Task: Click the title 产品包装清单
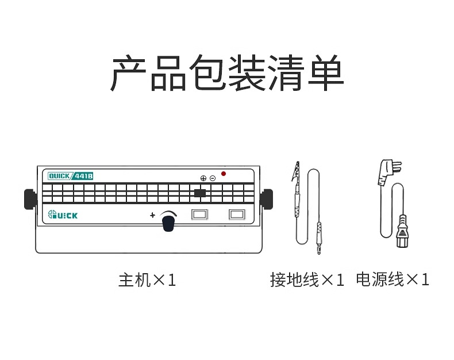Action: tap(227, 72)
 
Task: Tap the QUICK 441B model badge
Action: tap(70, 176)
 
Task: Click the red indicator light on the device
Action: tap(224, 174)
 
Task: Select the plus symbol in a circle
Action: tap(203, 178)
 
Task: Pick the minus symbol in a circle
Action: tap(213, 178)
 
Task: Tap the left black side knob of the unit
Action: tap(30, 199)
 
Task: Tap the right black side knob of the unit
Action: tap(267, 199)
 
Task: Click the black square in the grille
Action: tap(200, 193)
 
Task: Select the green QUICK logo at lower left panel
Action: tap(63, 215)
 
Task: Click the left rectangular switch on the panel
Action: tap(200, 215)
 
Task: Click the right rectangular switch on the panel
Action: tap(237, 215)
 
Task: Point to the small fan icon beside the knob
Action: tap(153, 215)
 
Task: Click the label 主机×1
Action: tap(147, 280)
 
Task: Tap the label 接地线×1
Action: tap(307, 279)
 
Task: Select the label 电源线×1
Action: tap(393, 279)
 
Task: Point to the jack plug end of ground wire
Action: tap(319, 238)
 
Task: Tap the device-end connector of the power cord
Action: tap(403, 231)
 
